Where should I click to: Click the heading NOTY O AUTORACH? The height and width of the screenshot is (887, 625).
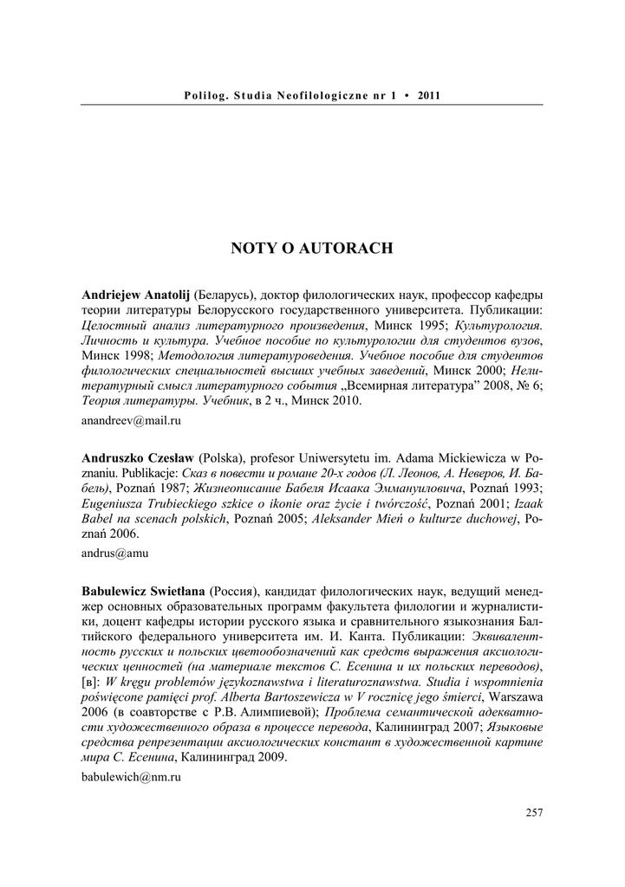tap(312, 249)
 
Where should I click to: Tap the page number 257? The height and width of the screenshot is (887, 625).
tap(534, 812)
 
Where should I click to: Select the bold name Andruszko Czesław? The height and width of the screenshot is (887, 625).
tap(139, 456)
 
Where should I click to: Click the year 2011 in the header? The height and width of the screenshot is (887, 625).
tap(429, 94)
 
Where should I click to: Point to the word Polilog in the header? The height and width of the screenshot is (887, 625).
tap(205, 94)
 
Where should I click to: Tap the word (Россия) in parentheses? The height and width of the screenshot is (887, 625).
tap(233, 590)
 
